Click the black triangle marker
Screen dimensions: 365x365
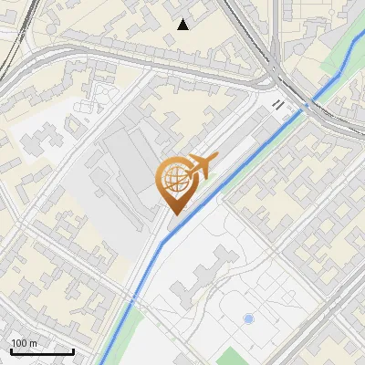(183, 24)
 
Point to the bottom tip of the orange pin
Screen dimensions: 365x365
(173, 215)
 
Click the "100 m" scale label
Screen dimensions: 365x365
(24, 343)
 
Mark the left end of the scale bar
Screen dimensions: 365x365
(11, 351)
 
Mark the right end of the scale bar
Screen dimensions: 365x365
(73, 351)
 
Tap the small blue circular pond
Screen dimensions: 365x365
(248, 319)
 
